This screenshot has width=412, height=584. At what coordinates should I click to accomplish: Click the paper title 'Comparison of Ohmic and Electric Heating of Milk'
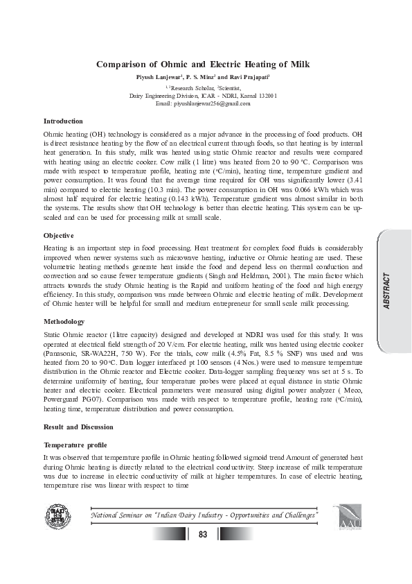point(203,65)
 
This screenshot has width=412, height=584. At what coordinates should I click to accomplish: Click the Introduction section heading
point(63,121)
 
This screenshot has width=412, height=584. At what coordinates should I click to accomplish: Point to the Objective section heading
point(59,236)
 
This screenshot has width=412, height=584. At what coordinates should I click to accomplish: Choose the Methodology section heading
point(64,322)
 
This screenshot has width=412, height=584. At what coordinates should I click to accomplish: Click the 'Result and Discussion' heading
point(78,427)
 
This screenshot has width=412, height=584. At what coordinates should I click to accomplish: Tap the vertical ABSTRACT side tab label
point(386,291)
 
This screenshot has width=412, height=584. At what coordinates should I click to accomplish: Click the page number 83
point(203,534)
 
